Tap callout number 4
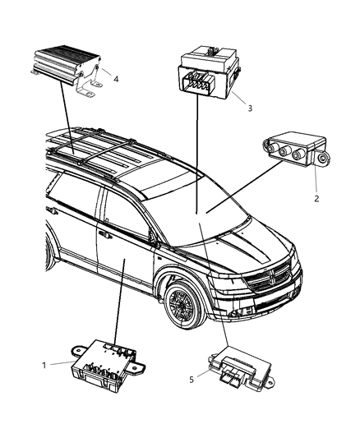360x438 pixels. [117, 79]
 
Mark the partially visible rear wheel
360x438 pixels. [50, 251]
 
